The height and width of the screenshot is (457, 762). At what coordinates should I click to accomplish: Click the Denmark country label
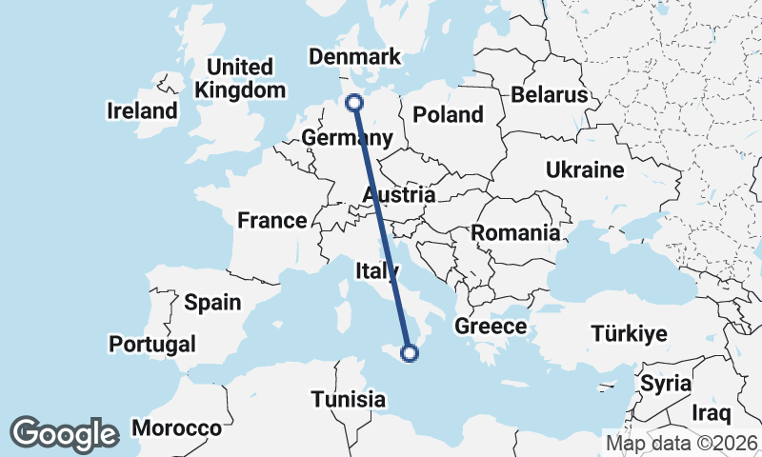355,58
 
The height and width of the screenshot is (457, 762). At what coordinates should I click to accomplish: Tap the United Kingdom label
240,79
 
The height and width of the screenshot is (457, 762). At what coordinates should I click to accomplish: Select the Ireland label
142,110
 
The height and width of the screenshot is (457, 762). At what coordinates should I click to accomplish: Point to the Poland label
449,115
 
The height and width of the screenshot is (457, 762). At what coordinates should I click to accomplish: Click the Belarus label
550,95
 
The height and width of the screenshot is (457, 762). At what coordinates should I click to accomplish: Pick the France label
272,221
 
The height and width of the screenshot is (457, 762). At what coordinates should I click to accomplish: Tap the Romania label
515,233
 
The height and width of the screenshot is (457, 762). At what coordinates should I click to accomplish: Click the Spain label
212,303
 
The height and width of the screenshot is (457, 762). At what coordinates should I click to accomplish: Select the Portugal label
152,344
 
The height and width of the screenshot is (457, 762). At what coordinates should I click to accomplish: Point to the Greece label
491,327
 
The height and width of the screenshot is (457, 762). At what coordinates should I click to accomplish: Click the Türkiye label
630,334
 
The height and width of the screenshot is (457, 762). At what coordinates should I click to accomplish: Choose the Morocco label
176,428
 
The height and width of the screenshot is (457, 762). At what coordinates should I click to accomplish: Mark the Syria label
661,384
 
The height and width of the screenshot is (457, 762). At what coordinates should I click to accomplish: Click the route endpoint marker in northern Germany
355,103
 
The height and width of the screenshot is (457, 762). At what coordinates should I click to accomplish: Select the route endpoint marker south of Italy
410,353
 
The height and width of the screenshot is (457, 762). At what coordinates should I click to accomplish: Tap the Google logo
64,434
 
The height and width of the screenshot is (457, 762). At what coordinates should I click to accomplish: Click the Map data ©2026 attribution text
682,443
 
